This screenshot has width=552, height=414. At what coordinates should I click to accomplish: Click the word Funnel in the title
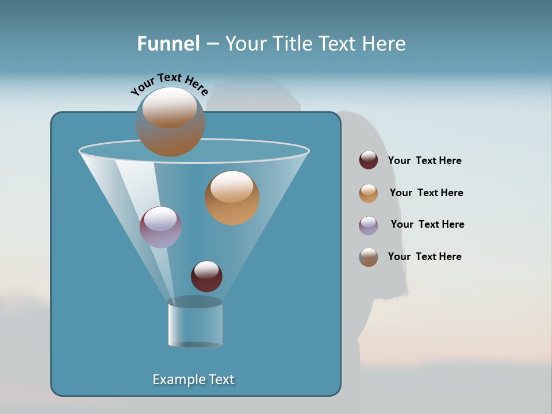pyautogui.click(x=168, y=44)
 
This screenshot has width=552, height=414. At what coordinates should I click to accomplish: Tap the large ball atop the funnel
pyautogui.click(x=170, y=122)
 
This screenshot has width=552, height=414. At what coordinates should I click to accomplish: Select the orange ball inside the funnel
pyautogui.click(x=232, y=198)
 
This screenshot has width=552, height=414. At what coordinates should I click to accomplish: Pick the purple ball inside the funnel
pyautogui.click(x=160, y=227)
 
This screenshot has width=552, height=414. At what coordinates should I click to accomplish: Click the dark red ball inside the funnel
pyautogui.click(x=206, y=276)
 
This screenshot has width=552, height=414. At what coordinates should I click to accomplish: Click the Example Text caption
pyautogui.click(x=194, y=379)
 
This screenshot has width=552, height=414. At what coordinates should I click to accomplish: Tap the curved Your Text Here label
pyautogui.click(x=170, y=84)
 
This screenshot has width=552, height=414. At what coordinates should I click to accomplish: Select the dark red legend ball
pyautogui.click(x=369, y=160)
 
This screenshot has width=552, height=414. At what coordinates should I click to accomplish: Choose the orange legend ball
pyautogui.click(x=369, y=193)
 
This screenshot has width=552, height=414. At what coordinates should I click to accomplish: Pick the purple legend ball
pyautogui.click(x=369, y=225)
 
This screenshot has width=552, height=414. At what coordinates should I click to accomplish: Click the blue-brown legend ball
pyautogui.click(x=369, y=257)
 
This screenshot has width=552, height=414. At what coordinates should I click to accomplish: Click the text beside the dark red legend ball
pyautogui.click(x=424, y=161)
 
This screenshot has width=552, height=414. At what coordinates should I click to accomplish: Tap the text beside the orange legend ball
pyautogui.click(x=426, y=193)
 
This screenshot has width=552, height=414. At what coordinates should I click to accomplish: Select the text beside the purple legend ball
pyautogui.click(x=427, y=225)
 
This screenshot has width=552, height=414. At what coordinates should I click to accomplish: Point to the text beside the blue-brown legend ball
pyautogui.click(x=424, y=256)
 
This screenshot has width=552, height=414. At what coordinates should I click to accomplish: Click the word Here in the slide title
pyautogui.click(x=385, y=44)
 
